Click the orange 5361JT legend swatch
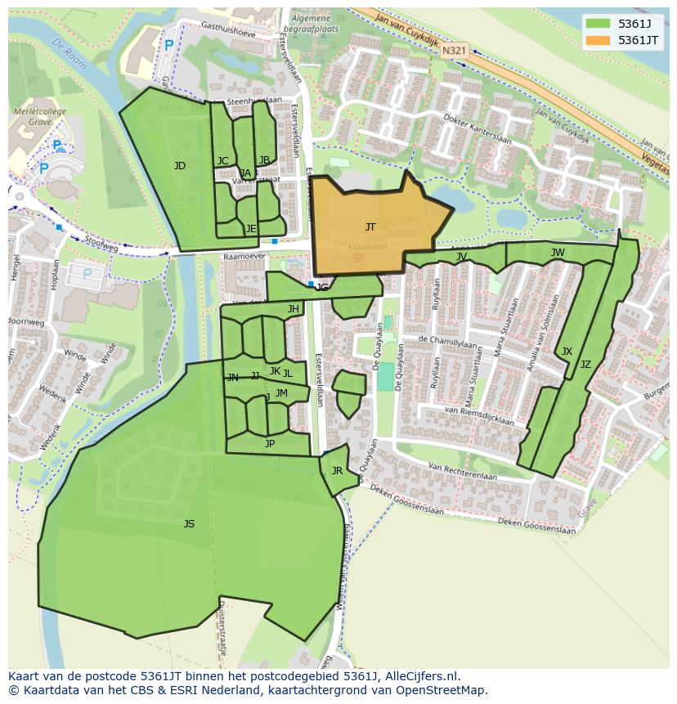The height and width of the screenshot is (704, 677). click(598, 40)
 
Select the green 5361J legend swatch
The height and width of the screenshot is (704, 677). click(598, 24)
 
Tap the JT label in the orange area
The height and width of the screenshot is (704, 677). click(370, 227)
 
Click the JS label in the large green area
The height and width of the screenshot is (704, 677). click(189, 524)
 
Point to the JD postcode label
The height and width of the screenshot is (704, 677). click(180, 166)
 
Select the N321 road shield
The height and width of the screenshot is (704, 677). click(454, 51)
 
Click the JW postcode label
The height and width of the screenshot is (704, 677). click(558, 253)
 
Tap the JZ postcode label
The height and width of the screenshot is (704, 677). click(585, 365)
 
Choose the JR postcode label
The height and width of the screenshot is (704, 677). click(337, 471)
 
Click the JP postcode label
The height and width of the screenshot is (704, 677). click(270, 444)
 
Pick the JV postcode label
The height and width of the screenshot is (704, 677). click(462, 257)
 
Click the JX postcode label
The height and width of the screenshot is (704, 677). click(567, 352)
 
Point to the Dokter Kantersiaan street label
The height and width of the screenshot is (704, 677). click(477, 128)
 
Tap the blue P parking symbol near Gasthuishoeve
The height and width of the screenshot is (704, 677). click(168, 47)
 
